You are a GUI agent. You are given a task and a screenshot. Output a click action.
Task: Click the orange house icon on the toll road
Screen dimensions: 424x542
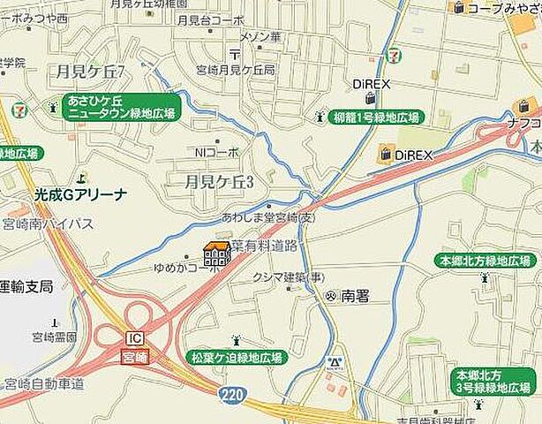217,254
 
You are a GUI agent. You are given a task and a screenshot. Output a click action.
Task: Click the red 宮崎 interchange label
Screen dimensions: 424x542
134,354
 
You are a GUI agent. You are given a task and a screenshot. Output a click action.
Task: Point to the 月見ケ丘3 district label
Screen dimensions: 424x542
215,182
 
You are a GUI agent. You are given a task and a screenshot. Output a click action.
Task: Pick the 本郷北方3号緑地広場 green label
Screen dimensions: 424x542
495,382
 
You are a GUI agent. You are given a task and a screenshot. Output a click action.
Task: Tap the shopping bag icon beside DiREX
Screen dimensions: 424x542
385,155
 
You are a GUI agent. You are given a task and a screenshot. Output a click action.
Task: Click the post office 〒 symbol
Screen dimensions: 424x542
234,53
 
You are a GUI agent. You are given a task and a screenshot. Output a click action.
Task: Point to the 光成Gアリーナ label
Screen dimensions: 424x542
80,194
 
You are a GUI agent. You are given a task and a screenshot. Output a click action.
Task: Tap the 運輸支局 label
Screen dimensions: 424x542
26,286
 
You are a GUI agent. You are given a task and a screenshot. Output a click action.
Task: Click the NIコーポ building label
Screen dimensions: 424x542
217,152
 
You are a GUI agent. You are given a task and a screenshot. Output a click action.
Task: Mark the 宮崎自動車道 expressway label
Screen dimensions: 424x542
43,383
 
